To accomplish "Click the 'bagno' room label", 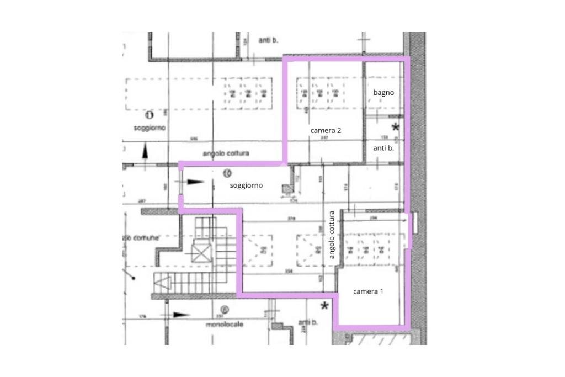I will coord(383,93).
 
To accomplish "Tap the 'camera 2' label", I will coord(326,130).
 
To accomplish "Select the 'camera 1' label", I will coord(368,291).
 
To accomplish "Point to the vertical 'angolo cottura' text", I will coord(332,235).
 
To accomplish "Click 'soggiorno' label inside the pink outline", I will coord(246,185).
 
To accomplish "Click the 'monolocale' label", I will coord(225,325).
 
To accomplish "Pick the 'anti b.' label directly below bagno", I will coord(383,148).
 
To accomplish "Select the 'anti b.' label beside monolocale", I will coord(306,322).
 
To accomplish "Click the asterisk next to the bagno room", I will coord(395,128).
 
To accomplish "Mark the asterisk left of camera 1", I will coord(326,306).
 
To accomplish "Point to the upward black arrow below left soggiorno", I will coord(145,151).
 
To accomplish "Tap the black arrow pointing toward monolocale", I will coord(180,315).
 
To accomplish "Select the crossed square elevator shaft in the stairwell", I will coord(201,253).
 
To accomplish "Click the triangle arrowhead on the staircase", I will coord(162,283).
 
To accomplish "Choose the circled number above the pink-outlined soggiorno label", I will coord(226,173).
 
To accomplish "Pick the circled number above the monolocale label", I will coord(223,310).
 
